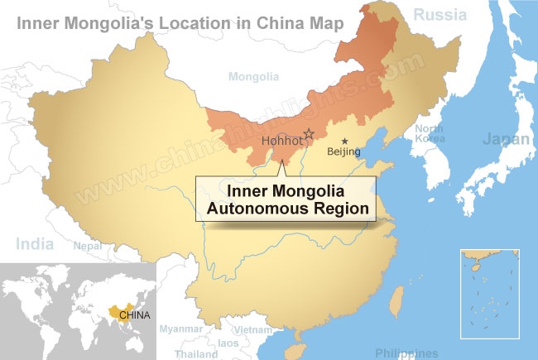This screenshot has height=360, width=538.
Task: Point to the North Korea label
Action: (x=429, y=133)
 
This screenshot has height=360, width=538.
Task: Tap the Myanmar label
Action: (x=180, y=329)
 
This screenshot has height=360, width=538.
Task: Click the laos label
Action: (x=229, y=343)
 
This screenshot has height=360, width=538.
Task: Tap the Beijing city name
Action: (x=344, y=151)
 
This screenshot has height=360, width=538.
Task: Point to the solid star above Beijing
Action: (x=345, y=141)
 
